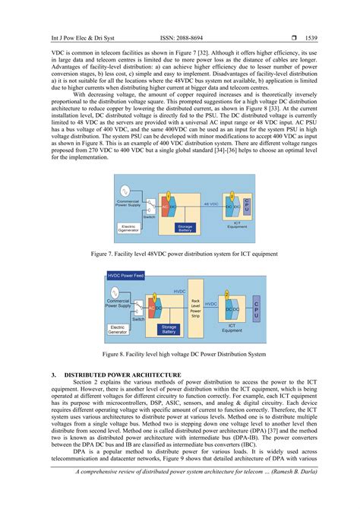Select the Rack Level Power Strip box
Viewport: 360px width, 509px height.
point(195,305)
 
